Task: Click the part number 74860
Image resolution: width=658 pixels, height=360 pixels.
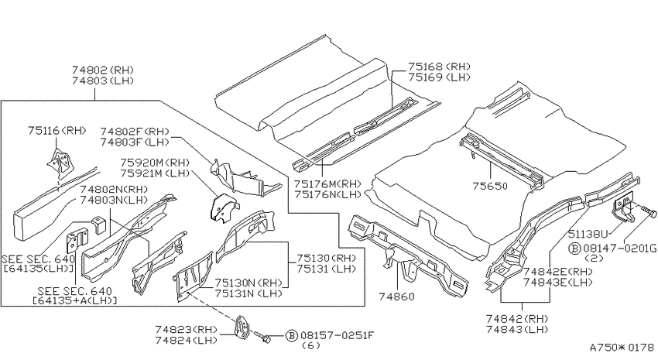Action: (396, 297)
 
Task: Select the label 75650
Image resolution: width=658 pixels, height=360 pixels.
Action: (490, 186)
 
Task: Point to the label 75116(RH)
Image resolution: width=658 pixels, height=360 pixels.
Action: (57, 131)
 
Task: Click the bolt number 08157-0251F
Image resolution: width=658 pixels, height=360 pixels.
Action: (337, 335)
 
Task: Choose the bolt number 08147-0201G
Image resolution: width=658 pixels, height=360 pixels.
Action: (619, 249)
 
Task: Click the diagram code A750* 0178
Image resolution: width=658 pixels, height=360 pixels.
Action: (622, 348)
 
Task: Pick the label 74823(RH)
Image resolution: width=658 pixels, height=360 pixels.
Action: (186, 329)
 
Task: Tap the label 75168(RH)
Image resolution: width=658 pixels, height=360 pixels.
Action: (440, 67)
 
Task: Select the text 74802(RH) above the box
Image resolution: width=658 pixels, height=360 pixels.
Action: (103, 70)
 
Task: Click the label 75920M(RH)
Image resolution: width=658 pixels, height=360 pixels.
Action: (155, 163)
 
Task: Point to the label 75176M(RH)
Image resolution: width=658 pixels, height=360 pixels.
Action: (327, 183)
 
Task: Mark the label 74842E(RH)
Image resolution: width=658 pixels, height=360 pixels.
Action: (557, 272)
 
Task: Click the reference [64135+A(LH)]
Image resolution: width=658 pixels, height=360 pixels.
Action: (74, 300)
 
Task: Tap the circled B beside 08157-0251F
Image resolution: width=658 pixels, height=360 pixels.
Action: (292, 336)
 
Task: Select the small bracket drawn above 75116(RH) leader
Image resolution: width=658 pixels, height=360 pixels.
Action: (60, 162)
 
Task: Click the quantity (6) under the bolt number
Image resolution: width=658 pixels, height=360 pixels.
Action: (311, 346)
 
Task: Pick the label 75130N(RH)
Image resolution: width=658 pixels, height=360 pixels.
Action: (248, 283)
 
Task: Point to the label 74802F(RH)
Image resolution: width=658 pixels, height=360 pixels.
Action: (135, 132)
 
